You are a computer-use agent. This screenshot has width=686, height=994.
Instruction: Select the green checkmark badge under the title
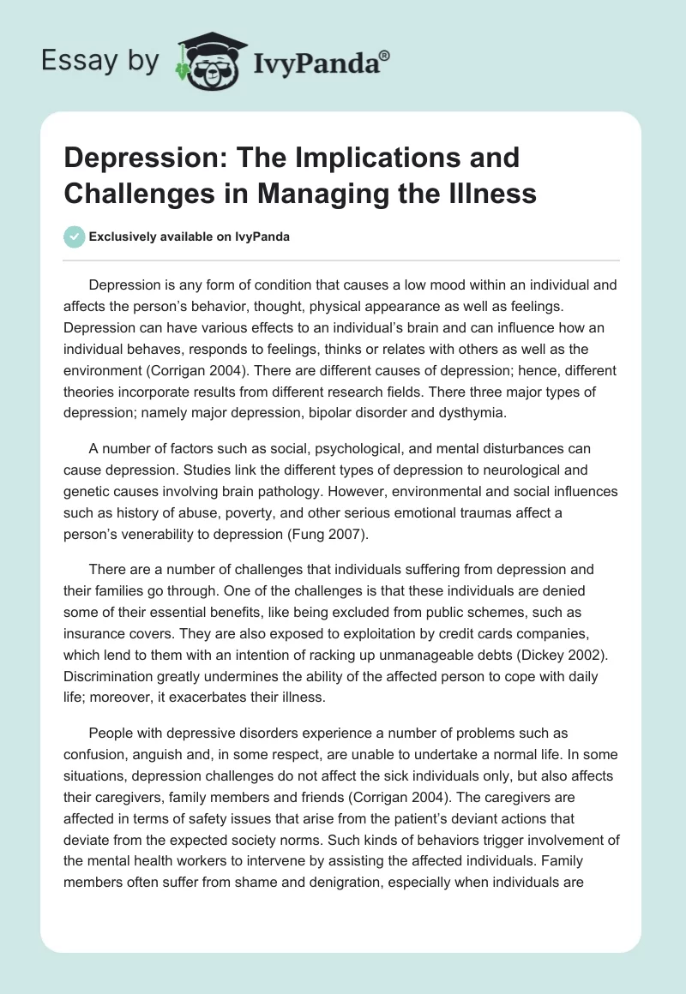pos(75,237)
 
